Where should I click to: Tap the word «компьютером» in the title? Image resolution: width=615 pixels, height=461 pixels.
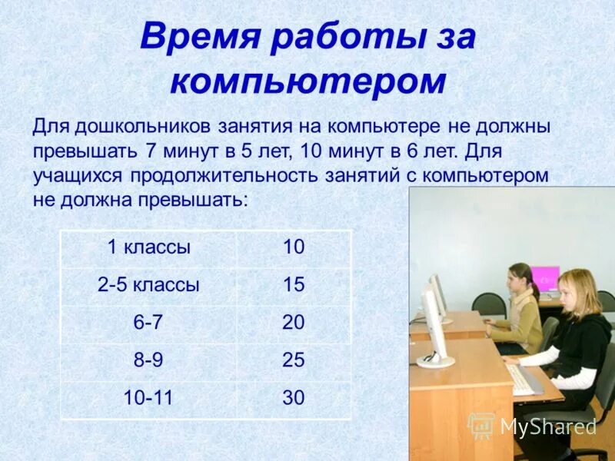[x=307, y=81]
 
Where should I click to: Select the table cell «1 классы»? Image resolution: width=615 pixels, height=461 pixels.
[x=148, y=247]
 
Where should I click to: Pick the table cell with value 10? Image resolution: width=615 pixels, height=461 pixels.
[x=294, y=247]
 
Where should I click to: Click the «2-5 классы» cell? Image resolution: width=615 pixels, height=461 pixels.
[x=148, y=285]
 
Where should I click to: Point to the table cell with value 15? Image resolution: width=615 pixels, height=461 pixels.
[x=294, y=285]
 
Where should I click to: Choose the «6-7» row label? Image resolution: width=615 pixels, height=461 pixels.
[x=148, y=323]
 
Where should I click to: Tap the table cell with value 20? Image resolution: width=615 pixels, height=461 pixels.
[x=294, y=323]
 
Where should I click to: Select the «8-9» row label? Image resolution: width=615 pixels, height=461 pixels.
[x=148, y=360]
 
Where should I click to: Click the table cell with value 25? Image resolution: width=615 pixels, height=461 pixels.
[x=294, y=360]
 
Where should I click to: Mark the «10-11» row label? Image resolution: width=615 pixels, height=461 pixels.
[x=148, y=398]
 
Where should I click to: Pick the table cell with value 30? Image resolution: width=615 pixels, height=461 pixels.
[x=294, y=398]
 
